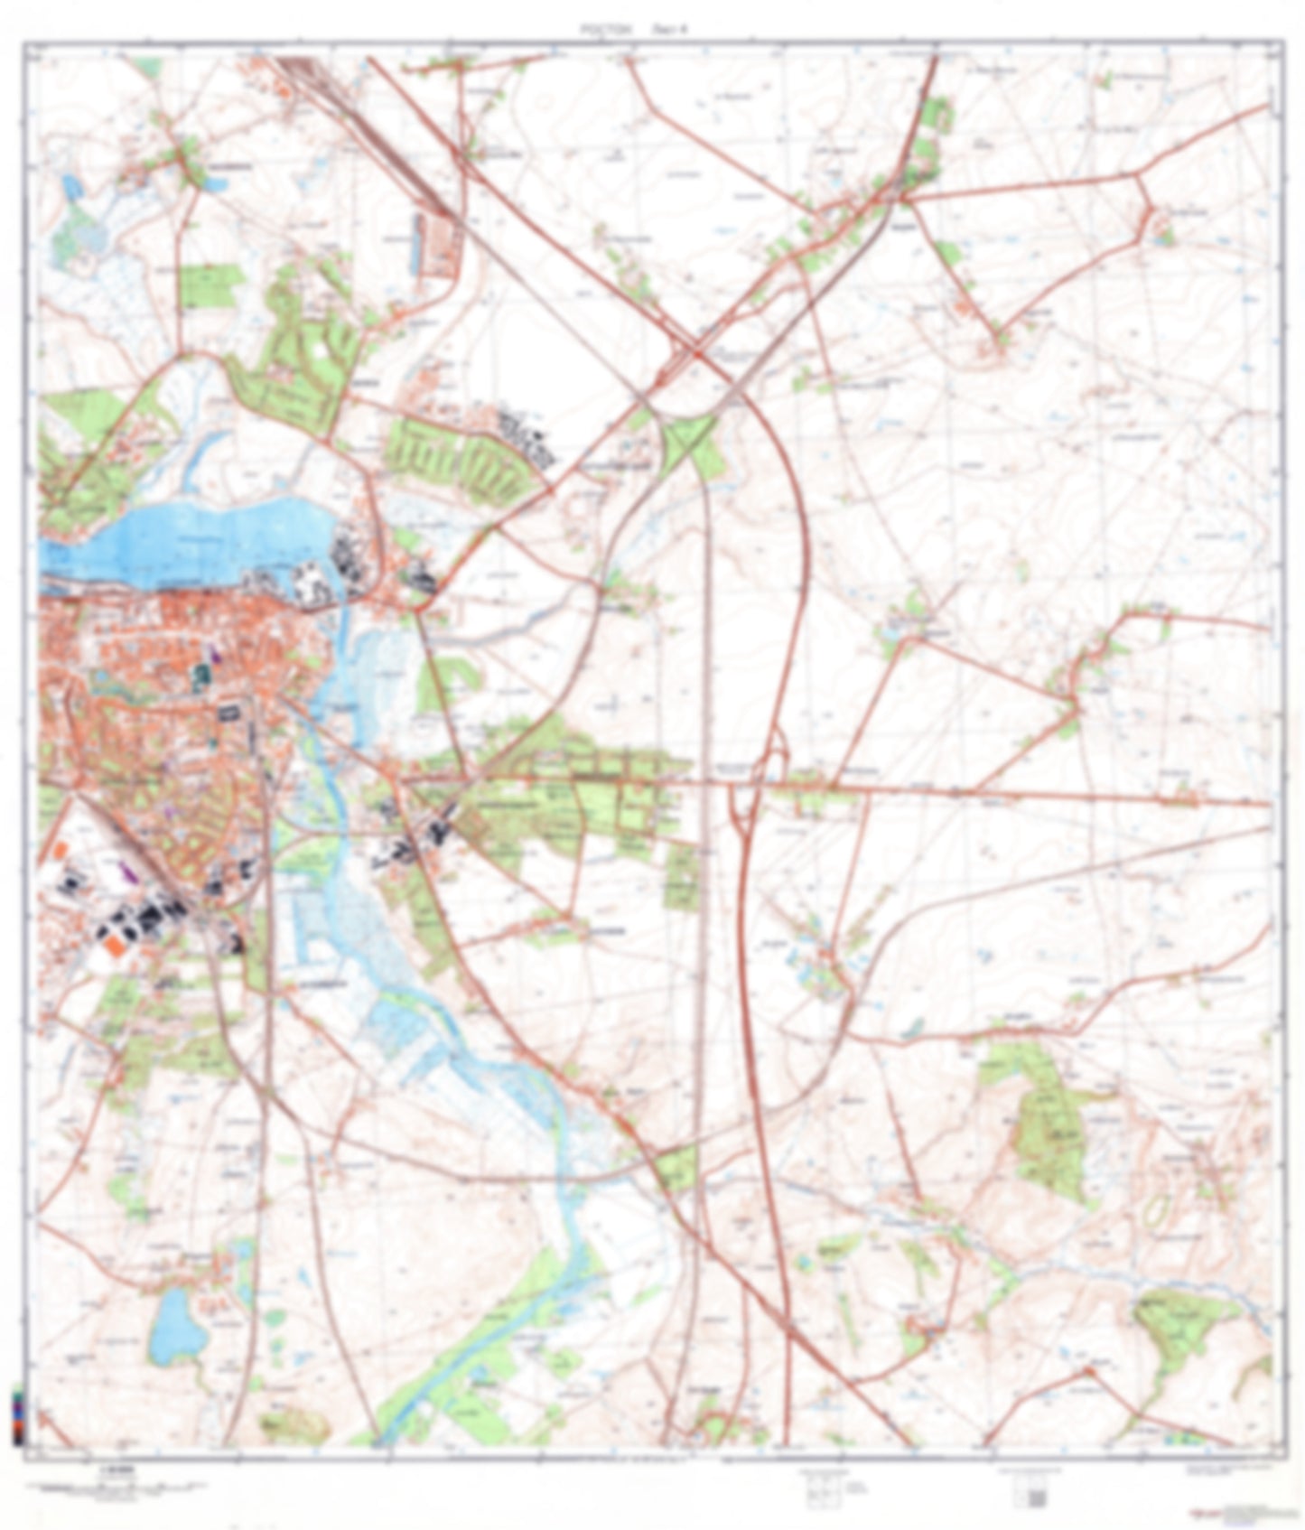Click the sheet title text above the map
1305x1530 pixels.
point(633,29)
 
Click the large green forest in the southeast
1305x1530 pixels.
point(1048,1129)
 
